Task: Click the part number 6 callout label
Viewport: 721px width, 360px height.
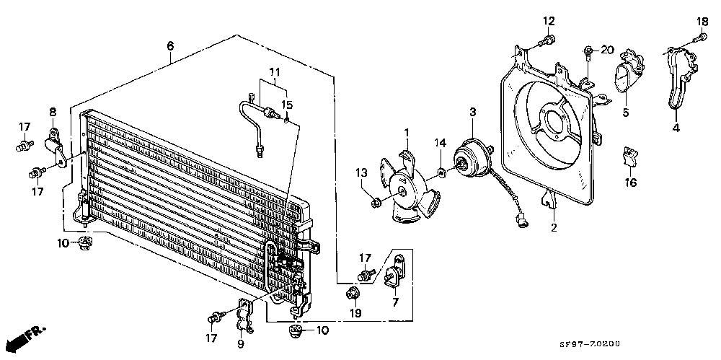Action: (170, 45)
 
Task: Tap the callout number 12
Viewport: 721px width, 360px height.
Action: (549, 21)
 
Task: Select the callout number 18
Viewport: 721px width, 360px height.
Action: (702, 21)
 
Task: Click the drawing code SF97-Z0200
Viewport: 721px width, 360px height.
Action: (590, 345)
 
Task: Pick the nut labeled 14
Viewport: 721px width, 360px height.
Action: (441, 172)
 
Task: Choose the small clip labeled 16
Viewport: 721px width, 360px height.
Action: (629, 155)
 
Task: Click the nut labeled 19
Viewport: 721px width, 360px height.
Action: (353, 292)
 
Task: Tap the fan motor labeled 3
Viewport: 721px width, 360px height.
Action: (472, 157)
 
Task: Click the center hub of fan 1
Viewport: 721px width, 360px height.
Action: (402, 193)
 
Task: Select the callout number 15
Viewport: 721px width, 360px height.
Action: (286, 105)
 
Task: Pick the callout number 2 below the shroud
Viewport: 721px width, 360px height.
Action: (554, 228)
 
